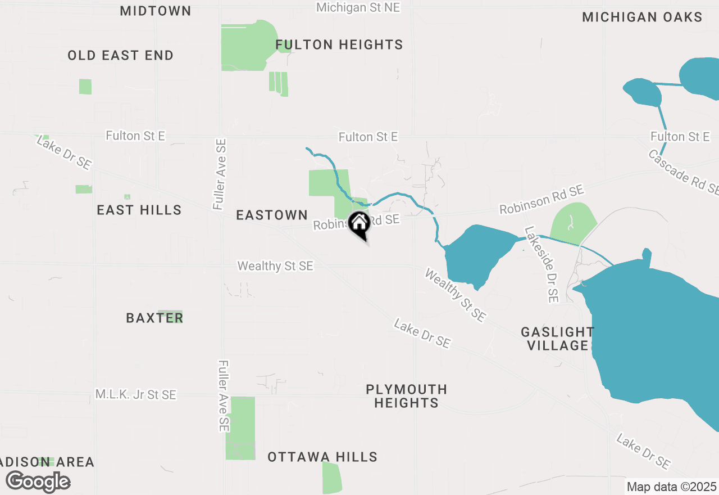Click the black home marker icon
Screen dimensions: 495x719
coord(359,224)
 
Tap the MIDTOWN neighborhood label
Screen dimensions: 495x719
coord(156,11)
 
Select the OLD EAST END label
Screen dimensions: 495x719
coord(120,55)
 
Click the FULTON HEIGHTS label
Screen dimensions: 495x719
coord(339,44)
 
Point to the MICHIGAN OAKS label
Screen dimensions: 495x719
coord(642,17)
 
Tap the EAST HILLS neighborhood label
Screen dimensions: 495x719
coord(139,210)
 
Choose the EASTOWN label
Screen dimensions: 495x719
coord(272,215)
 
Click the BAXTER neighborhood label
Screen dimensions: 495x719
coord(154,318)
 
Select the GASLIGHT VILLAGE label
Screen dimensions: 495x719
coord(557,339)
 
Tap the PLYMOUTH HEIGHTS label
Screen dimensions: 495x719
coord(406,396)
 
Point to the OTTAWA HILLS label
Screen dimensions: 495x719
coord(322,457)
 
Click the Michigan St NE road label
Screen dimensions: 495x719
coord(358,7)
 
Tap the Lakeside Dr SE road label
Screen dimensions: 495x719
coord(542,264)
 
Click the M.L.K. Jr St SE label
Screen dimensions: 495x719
coord(135,395)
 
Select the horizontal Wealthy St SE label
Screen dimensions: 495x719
coord(275,265)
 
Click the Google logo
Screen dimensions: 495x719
coord(38,481)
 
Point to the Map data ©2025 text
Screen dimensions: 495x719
coord(671,487)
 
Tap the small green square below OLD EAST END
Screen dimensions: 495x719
coord(85,87)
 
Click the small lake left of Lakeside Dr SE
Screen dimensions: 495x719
coord(477,253)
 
